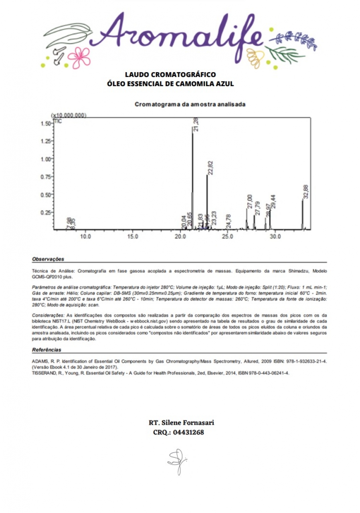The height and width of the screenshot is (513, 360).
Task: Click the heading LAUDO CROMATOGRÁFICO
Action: (x=170, y=75)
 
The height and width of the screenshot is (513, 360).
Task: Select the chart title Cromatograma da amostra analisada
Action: (x=190, y=104)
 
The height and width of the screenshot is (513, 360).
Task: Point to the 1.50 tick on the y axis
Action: (x=47, y=123)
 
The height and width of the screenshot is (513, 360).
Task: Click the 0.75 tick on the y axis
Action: (x=47, y=177)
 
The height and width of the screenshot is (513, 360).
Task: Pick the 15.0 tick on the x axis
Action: (x=133, y=236)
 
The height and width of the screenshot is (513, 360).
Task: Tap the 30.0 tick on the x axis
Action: (x=275, y=236)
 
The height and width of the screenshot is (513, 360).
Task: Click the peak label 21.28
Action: (x=196, y=125)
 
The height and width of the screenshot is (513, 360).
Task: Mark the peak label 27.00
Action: (x=250, y=202)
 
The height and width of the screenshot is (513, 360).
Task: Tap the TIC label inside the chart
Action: (x=58, y=121)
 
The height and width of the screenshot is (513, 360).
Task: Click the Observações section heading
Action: (x=48, y=259)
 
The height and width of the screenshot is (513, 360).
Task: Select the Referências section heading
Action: (x=47, y=350)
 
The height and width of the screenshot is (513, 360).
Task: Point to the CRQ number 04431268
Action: (x=188, y=432)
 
